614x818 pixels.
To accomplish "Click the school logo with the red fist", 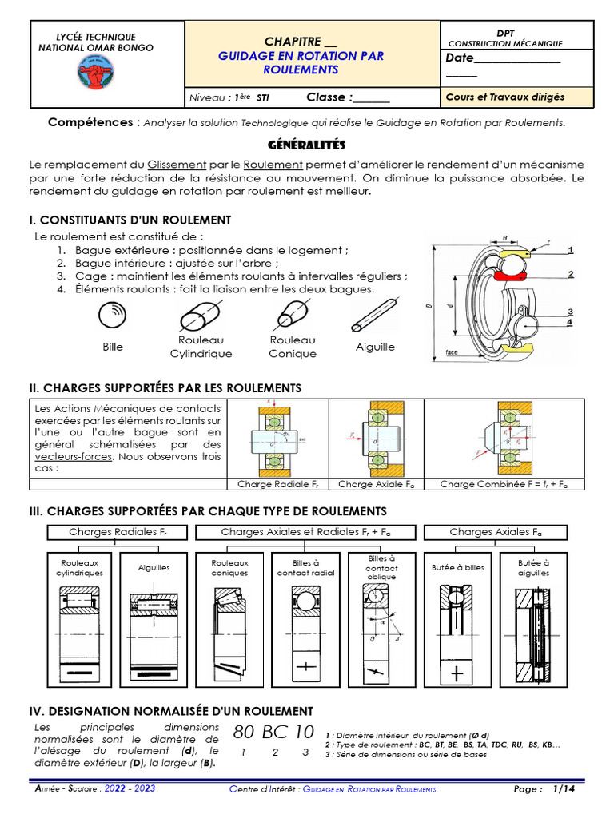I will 96,72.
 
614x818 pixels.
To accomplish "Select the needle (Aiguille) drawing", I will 374,315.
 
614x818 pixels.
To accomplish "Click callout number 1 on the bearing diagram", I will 570,250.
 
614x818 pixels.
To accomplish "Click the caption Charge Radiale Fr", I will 277,484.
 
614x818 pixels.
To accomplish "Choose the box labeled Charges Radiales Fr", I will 117,532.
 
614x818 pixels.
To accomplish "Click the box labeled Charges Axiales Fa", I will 496,532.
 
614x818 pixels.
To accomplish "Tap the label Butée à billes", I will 457,567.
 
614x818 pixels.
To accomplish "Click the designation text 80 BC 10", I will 273,733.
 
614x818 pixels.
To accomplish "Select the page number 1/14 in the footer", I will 563,789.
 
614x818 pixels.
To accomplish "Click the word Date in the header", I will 460,58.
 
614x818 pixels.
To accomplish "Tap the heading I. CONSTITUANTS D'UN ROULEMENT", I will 130,220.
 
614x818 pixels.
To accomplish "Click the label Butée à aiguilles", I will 534,567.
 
